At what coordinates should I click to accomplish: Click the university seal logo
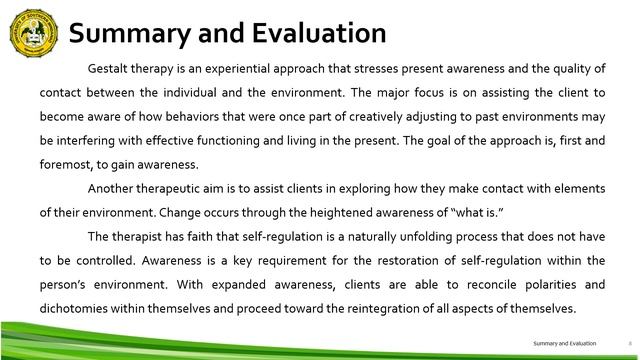pyautogui.click(x=32, y=30)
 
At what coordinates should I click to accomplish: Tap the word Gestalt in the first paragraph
pyautogui.click(x=110, y=69)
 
